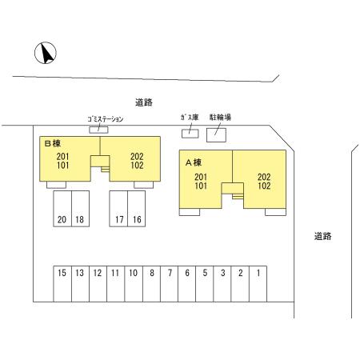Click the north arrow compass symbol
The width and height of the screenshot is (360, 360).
pyautogui.click(x=46, y=53)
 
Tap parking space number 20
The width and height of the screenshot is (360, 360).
pyautogui.click(x=62, y=209)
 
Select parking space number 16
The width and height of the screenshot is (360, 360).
pyautogui.click(x=137, y=209)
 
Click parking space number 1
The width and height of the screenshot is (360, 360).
pyautogui.click(x=258, y=284)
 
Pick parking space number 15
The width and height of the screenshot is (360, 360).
pyautogui.click(x=62, y=284)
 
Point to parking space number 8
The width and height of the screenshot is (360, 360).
pyautogui.click(x=151, y=284)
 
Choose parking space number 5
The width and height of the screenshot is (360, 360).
pyautogui.click(x=205, y=284)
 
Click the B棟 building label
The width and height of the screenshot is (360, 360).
pyautogui.click(x=53, y=143)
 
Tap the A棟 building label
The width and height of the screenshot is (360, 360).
pyautogui.click(x=194, y=162)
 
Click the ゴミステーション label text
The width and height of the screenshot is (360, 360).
pyautogui.click(x=106, y=119)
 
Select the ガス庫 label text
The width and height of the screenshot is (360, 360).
pyautogui.click(x=190, y=118)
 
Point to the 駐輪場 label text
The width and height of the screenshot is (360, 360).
pyautogui.click(x=220, y=117)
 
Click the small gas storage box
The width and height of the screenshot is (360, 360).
pyautogui.click(x=190, y=134)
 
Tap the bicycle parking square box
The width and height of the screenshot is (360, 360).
pyautogui.click(x=216, y=135)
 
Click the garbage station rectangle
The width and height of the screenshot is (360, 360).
pyautogui.click(x=98, y=130)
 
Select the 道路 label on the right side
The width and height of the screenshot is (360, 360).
pyautogui.click(x=322, y=236)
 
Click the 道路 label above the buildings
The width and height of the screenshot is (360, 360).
pyautogui.click(x=144, y=102)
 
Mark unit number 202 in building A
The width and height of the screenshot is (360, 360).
pyautogui.click(x=264, y=177)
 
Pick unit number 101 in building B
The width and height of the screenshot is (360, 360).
pyautogui.click(x=62, y=166)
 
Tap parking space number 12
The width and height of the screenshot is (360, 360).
pyautogui.click(x=98, y=284)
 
